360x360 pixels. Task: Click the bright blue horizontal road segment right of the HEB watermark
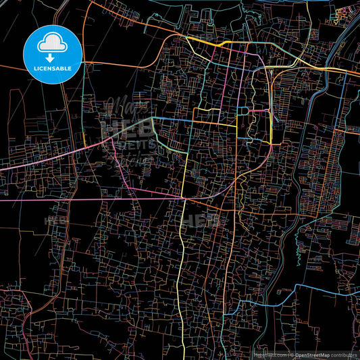coord(176,119)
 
